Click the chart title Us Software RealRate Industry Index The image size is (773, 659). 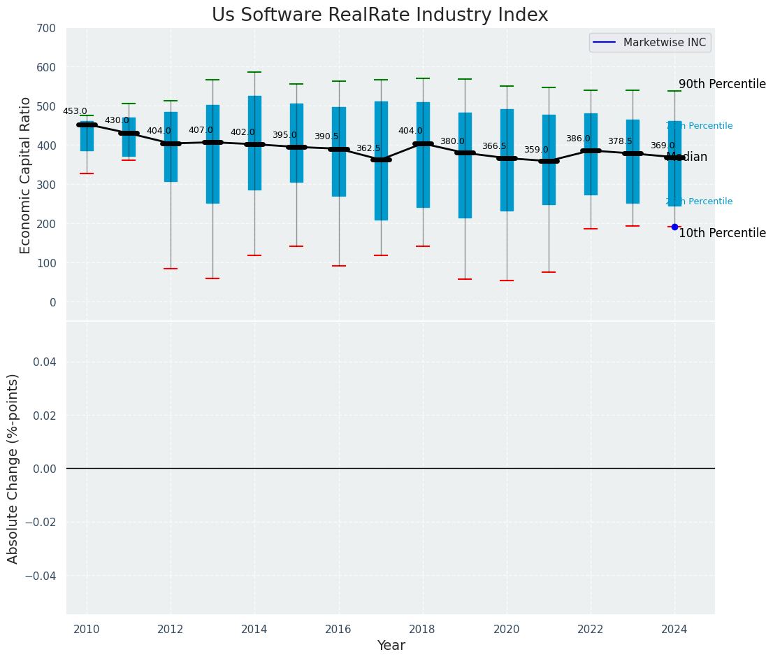[380, 15]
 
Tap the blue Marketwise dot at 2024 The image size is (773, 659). [674, 227]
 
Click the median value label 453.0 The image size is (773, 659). [75, 111]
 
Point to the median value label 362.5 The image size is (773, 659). [368, 148]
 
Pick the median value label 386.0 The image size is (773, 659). [578, 139]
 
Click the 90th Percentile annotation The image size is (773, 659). [722, 84]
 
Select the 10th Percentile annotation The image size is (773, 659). [722, 234]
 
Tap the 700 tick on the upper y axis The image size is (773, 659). [46, 29]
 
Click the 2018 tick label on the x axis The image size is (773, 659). [423, 629]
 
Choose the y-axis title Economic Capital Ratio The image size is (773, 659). [26, 175]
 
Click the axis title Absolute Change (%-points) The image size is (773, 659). [13, 468]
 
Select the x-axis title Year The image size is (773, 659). [391, 646]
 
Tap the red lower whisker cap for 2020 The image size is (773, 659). [507, 281]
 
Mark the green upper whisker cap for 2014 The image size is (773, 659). [254, 72]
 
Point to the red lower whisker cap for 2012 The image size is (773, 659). [171, 269]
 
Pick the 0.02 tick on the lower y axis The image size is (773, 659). [44, 416]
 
